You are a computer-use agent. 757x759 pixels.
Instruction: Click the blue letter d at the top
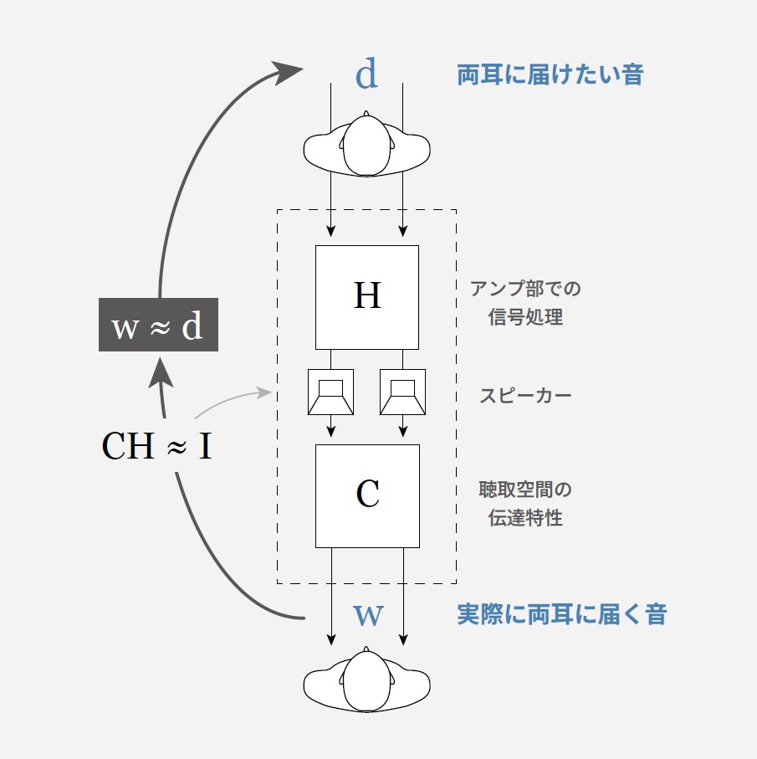pyautogui.click(x=366, y=74)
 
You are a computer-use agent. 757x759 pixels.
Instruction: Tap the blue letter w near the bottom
pyautogui.click(x=369, y=615)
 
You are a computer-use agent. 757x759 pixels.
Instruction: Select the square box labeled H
pyautogui.click(x=367, y=297)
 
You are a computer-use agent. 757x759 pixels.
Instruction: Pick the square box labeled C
pyautogui.click(x=367, y=496)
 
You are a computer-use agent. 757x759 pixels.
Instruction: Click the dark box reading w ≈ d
pyautogui.click(x=158, y=325)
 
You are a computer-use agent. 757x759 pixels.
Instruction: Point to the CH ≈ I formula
pyautogui.click(x=156, y=445)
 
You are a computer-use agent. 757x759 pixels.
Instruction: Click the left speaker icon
pyautogui.click(x=331, y=392)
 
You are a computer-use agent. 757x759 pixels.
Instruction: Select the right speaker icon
pyautogui.click(x=403, y=392)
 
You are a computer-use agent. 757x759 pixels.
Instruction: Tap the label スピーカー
pyautogui.click(x=525, y=396)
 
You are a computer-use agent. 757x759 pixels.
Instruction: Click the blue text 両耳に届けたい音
pyautogui.click(x=550, y=75)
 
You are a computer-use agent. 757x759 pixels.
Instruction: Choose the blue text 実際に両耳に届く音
pyautogui.click(x=561, y=614)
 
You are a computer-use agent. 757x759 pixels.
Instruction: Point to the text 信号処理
pyautogui.click(x=525, y=317)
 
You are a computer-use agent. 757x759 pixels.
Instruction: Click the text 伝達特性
pyautogui.click(x=525, y=518)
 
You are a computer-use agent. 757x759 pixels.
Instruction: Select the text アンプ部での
pyautogui.click(x=525, y=289)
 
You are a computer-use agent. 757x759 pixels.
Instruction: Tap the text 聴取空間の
pyautogui.click(x=525, y=490)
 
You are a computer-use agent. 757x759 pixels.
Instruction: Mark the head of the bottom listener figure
pyautogui.click(x=366, y=680)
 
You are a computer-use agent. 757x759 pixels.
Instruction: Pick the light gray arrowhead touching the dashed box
pyautogui.click(x=264, y=392)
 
